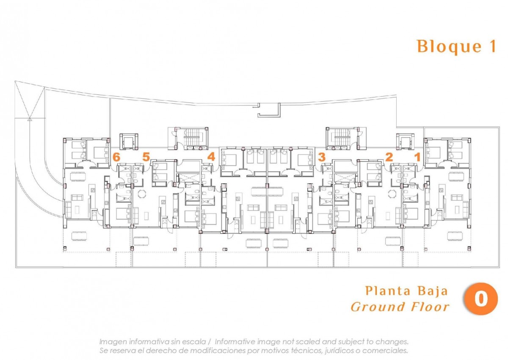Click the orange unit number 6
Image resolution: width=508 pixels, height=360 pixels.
116,157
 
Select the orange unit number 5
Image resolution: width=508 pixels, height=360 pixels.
146,157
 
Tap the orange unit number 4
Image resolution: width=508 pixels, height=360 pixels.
211,157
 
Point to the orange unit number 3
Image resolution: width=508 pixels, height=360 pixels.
322,157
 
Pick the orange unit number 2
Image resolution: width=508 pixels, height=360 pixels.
389,157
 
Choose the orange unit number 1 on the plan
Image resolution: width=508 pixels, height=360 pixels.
417,157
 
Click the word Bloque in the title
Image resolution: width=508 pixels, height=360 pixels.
449,47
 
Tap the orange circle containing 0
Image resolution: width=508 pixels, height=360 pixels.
481,299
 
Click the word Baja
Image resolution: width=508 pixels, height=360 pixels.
433,291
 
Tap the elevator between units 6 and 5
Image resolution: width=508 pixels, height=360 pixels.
129,141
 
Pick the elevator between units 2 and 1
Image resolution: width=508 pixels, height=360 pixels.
405,141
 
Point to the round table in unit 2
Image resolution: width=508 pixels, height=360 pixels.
392,194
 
